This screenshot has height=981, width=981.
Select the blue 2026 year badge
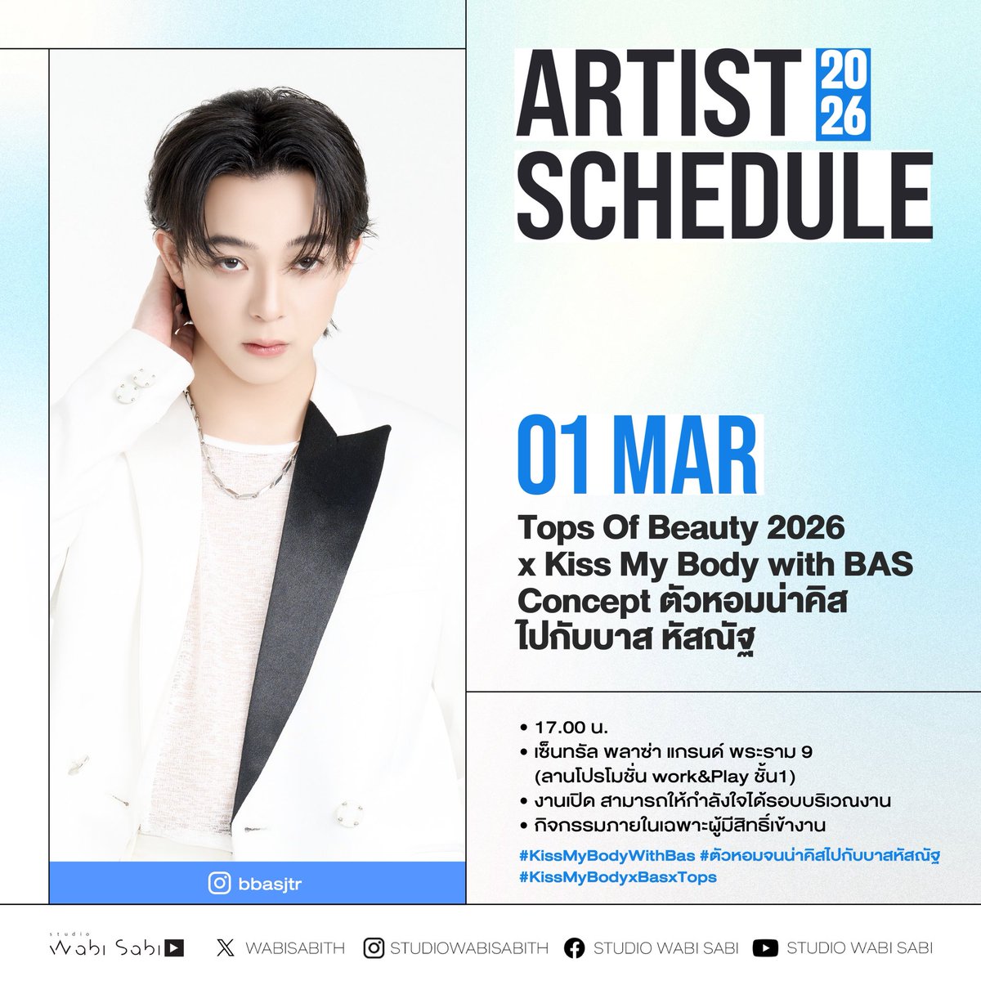coord(842,93)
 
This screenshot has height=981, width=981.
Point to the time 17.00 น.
coord(572,727)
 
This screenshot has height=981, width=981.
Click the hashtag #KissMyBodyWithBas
coord(607,856)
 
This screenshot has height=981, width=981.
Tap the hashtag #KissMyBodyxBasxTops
coord(617,877)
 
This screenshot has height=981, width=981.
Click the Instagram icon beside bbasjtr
coord(219,884)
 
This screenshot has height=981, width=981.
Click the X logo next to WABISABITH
coord(226,948)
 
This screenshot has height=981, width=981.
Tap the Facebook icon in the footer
coord(575,948)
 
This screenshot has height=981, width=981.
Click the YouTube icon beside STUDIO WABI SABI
coord(765,948)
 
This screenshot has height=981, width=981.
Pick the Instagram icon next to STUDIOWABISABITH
coord(374,948)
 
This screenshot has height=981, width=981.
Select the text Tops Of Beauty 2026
coord(680,528)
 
